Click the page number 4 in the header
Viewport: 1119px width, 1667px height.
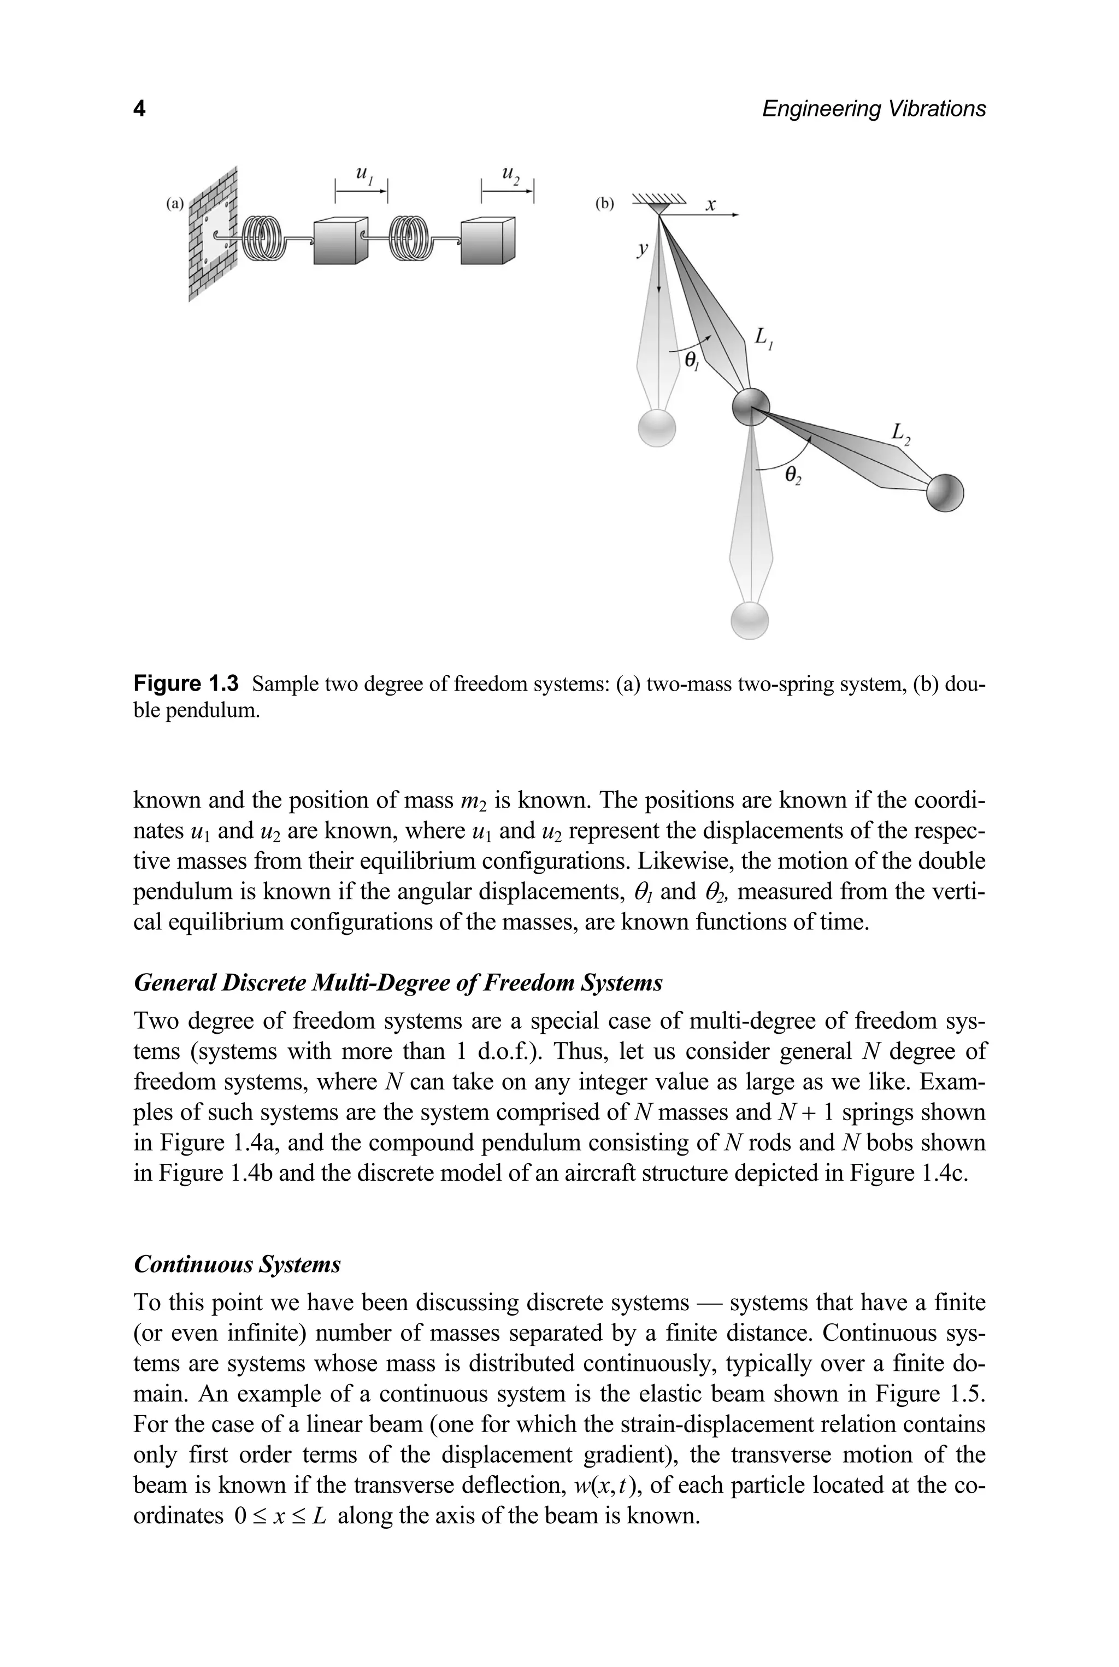point(140,109)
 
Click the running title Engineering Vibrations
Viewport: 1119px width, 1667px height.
point(874,109)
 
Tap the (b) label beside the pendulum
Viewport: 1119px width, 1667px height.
point(604,204)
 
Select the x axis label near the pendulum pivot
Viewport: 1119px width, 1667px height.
point(710,205)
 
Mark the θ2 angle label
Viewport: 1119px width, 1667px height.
point(793,475)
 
